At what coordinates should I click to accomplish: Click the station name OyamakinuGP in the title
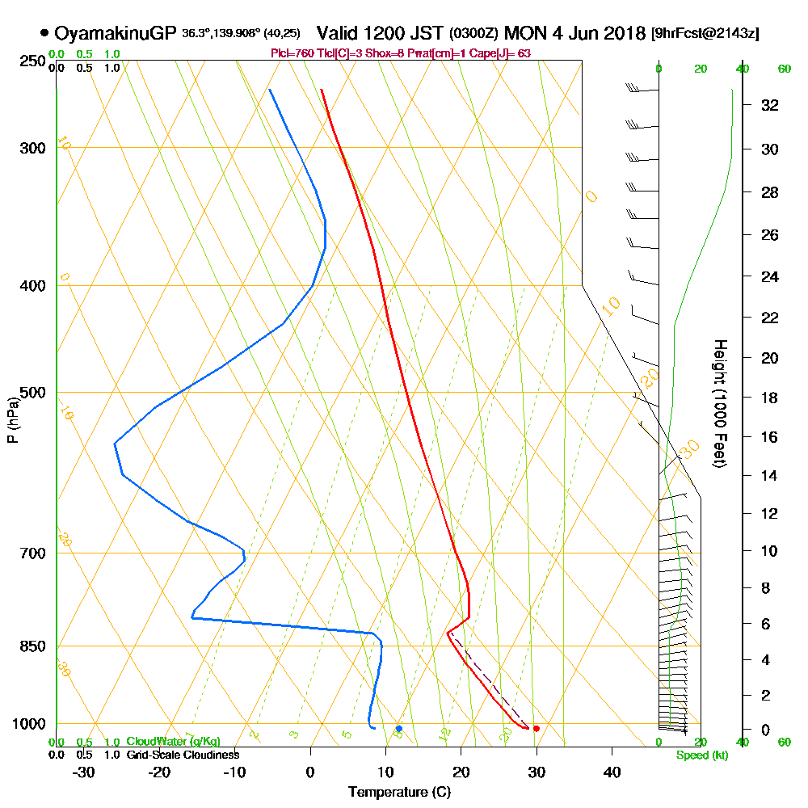coord(116,33)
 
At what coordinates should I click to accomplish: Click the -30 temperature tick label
coord(84,772)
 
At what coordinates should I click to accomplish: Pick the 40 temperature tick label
coord(612,772)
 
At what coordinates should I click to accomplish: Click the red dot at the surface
coord(536,729)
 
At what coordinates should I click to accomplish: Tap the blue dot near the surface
coord(398,729)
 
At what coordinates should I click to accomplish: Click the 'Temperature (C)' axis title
coord(399,793)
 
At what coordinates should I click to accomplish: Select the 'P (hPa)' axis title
coord(12,419)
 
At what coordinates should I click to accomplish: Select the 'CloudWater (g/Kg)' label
coord(173,742)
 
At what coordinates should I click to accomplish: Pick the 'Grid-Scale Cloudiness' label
coord(182,755)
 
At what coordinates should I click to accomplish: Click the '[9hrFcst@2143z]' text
coord(705,34)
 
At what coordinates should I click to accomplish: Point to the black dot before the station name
coord(44,33)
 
